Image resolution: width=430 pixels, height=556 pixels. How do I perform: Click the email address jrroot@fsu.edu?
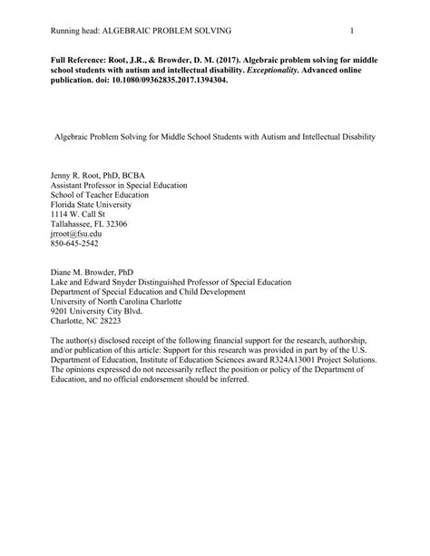pyautogui.click(x=75, y=232)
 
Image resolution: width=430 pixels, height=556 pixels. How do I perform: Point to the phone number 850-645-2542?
pyautogui.click(x=73, y=243)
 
